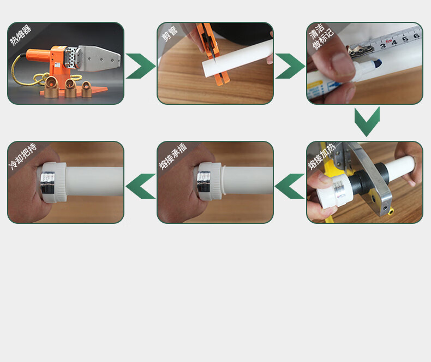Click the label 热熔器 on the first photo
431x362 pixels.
click(x=21, y=35)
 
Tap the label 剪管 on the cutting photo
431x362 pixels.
click(x=169, y=34)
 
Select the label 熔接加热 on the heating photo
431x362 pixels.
click(x=321, y=156)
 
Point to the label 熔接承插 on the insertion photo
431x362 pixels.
click(x=173, y=156)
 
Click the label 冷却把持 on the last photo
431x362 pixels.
click(x=23, y=156)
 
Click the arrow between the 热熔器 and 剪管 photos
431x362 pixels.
click(x=141, y=66)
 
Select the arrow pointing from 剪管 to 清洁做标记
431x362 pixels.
click(x=290, y=66)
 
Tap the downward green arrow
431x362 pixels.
click(x=367, y=122)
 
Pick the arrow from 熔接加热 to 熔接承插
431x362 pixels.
click(x=290, y=186)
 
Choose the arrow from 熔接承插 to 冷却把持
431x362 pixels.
click(x=140, y=186)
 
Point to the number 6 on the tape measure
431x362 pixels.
click(x=416, y=35)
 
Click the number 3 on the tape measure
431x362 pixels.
click(x=383, y=46)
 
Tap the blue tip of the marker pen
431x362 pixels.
click(x=378, y=63)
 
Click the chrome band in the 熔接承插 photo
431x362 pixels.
click(x=203, y=182)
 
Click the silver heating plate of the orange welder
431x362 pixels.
click(x=99, y=58)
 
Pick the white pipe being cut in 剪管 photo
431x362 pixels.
click(x=237, y=58)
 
